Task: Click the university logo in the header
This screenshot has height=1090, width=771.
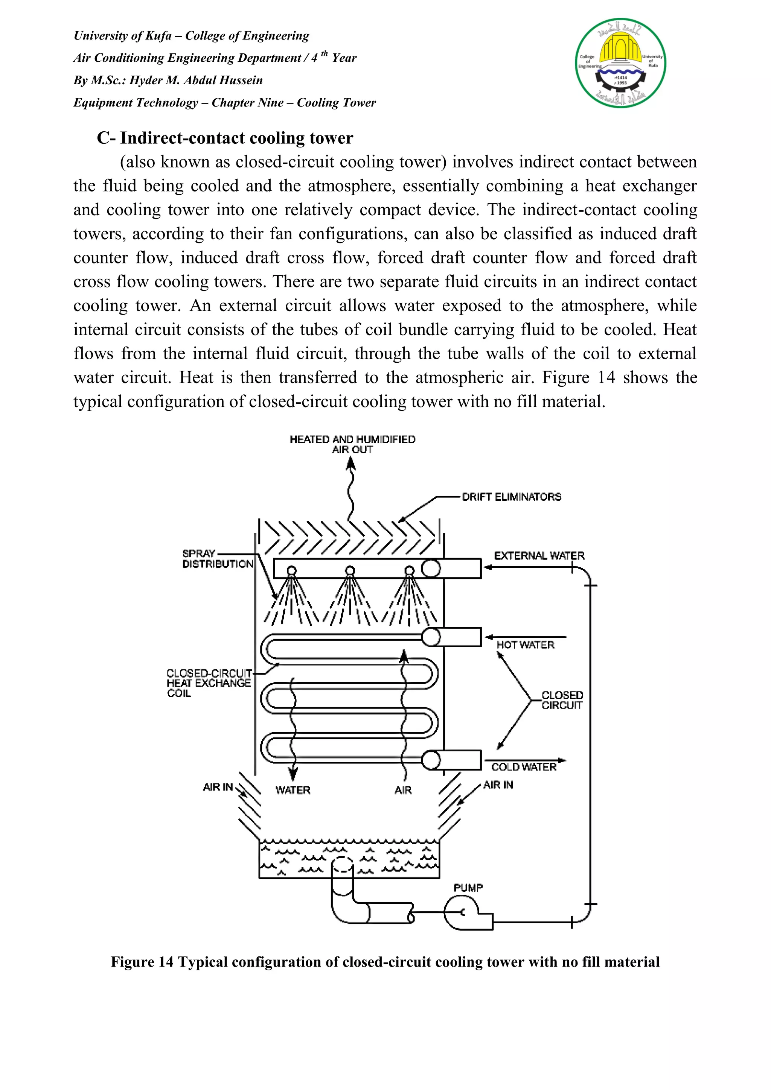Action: coord(620,63)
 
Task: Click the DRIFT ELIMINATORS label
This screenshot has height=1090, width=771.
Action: coord(511,497)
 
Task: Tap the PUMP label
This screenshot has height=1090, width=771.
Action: coord(468,888)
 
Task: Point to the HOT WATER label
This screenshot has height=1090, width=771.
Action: coord(526,645)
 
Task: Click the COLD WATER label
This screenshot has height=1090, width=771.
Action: coord(524,767)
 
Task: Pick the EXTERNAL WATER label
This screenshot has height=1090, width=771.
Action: coord(539,555)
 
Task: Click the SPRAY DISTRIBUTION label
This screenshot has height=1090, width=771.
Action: coord(218,559)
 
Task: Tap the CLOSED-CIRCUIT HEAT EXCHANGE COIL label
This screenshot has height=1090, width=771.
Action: coord(209,683)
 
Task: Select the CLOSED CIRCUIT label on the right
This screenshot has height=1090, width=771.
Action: coord(562,700)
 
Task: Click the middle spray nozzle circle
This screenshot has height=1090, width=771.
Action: coord(350,570)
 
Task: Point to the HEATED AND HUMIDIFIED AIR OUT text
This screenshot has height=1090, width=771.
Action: coord(352,444)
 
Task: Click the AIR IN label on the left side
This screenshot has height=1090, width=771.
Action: coord(218,787)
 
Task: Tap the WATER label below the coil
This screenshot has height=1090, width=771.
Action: coord(293,790)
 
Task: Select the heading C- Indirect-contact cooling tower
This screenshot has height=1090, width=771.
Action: coord(225,138)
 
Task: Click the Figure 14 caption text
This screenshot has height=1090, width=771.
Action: coord(385,962)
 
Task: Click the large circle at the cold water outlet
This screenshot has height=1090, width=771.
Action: coord(431,760)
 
